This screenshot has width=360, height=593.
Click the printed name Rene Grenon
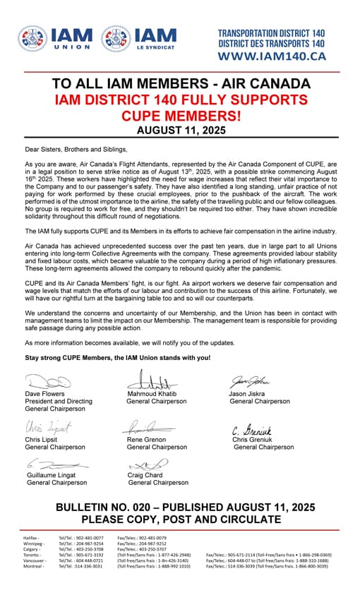(147, 439)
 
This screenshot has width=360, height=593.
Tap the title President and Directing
(59, 401)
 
